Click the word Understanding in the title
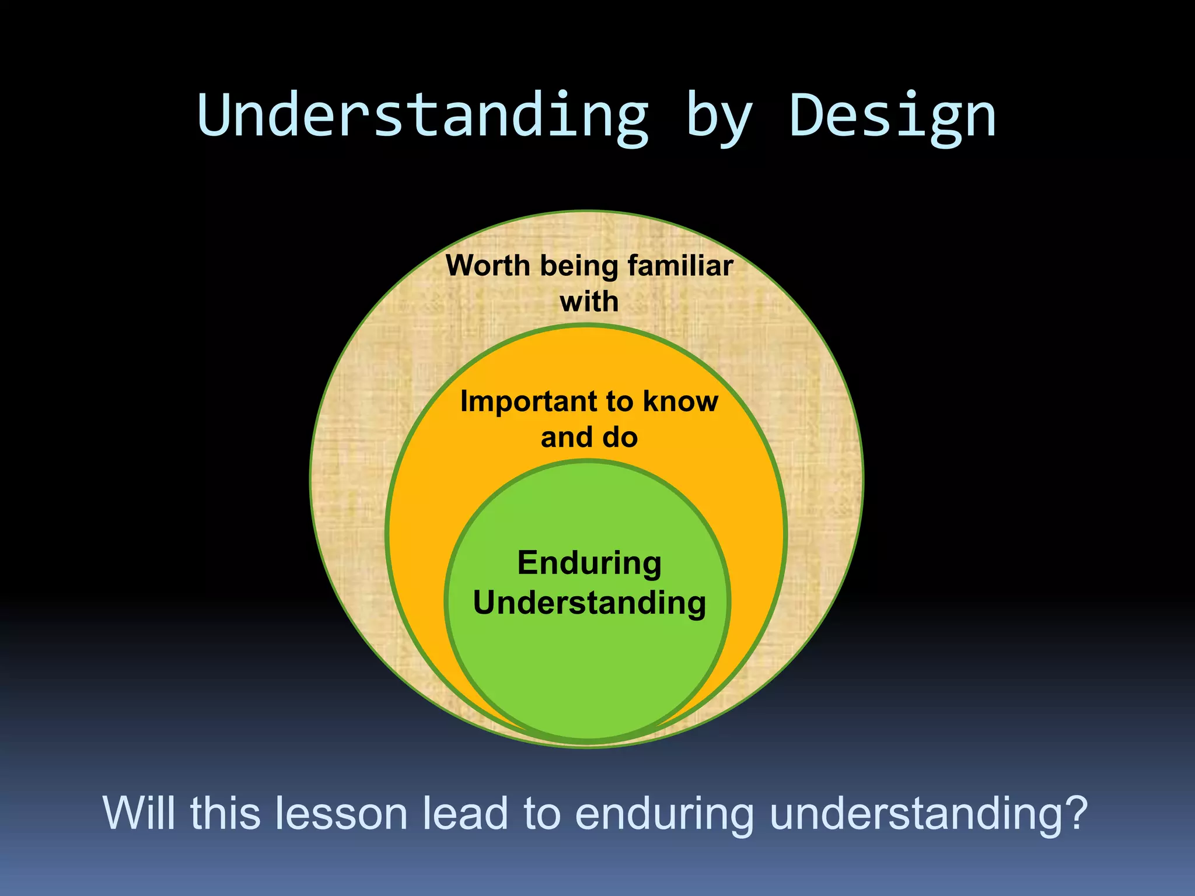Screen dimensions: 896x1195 point(423,117)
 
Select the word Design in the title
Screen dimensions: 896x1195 point(892,117)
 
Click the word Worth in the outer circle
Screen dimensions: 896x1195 point(488,266)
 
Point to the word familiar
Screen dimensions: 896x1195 point(680,266)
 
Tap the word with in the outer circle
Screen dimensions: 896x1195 point(589,302)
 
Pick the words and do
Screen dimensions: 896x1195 point(589,437)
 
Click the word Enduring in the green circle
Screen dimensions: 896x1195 point(589,564)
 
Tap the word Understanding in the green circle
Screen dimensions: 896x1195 point(589,603)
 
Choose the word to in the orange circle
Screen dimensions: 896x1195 point(620,402)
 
